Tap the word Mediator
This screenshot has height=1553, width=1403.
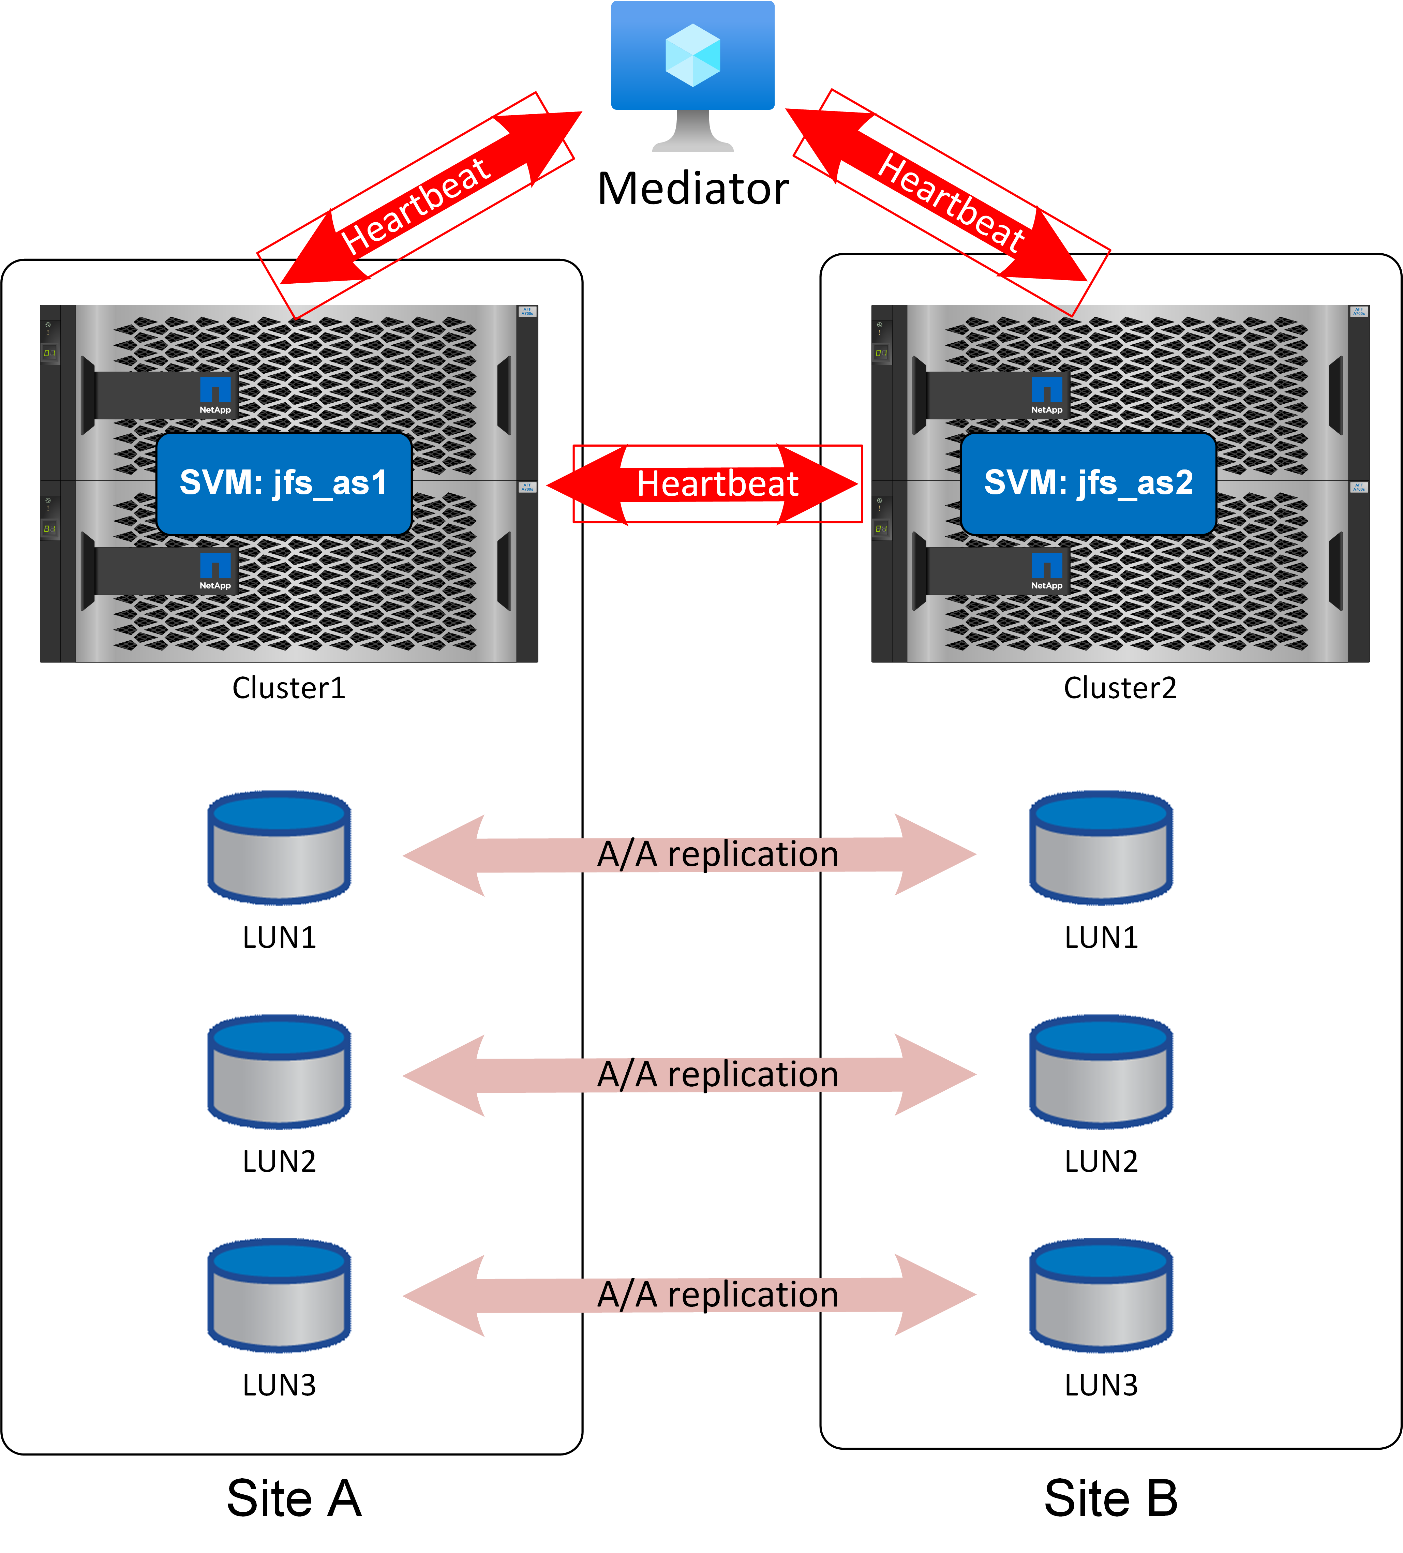coord(693,189)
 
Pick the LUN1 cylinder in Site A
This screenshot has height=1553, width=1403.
coord(279,847)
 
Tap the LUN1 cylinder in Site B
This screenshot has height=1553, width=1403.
coord(1101,847)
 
